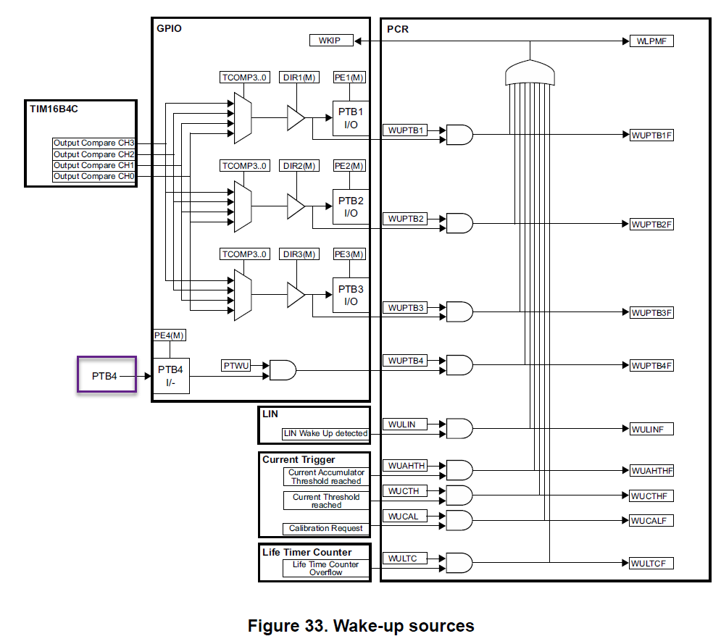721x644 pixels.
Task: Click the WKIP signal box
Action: pos(331,41)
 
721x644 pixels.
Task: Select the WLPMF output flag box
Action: pos(651,41)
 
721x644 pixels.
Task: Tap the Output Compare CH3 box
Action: pos(94,143)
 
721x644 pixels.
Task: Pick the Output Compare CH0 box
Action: pos(94,176)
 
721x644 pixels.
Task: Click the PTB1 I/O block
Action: pos(351,118)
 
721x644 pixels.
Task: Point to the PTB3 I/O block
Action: pos(351,295)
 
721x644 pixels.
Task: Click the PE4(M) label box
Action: pos(170,335)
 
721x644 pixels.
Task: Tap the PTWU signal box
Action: pos(236,366)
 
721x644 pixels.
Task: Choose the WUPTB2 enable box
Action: pos(406,218)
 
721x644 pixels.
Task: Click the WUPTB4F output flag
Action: pos(651,366)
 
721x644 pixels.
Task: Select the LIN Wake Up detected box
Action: pos(325,434)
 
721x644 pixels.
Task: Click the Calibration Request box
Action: pos(325,528)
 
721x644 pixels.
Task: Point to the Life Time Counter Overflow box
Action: pos(325,568)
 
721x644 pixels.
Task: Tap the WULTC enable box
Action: pos(403,559)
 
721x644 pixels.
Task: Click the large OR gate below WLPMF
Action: pos(530,72)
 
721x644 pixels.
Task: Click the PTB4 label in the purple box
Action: pos(104,376)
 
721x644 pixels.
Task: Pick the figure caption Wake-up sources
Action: pos(360,625)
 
